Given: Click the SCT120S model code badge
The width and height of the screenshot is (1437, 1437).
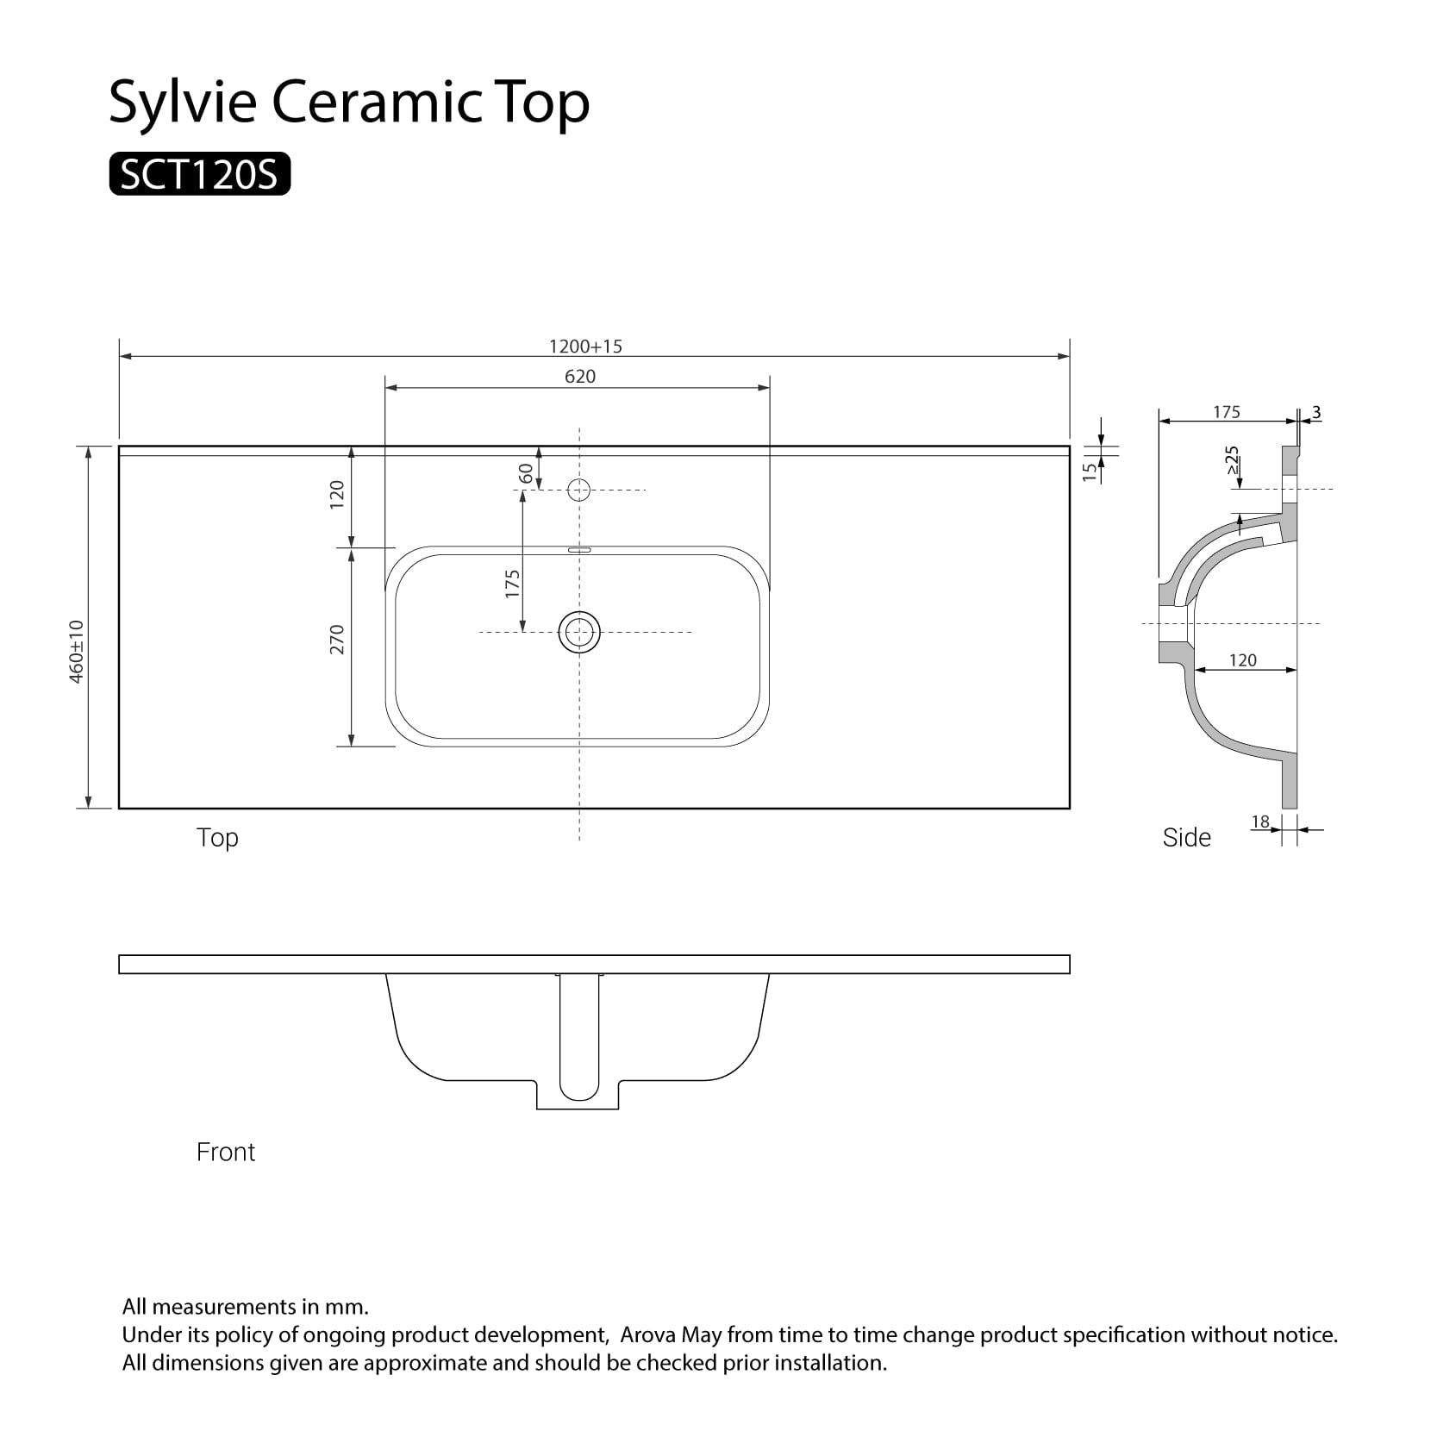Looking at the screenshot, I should pos(199,175).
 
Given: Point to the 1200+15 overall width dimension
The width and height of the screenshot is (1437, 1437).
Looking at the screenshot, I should pos(585,347).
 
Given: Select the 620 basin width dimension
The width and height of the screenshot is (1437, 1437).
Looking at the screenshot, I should pos(580,377).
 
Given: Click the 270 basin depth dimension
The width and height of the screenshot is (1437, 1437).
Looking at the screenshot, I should pos(336,639).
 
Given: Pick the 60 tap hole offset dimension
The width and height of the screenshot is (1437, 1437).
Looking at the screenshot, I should pos(525,472).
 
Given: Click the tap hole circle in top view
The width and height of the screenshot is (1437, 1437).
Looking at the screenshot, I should pos(579,490).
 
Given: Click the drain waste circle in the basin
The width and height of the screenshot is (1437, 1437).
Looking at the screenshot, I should pos(579,633).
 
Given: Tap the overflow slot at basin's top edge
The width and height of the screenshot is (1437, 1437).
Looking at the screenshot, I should pos(579,548).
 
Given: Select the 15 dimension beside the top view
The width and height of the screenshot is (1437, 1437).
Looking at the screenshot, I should pos(1090,471).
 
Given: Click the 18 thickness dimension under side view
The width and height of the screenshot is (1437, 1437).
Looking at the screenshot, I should pos(1260,822).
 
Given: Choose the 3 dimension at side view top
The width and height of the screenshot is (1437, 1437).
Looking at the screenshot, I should pos(1316,413).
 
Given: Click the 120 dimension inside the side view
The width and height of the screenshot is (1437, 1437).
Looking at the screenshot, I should pos(1242,660).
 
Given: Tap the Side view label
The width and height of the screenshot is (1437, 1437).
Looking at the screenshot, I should pos(1186,838).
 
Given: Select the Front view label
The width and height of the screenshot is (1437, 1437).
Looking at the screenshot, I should pos(226,1153).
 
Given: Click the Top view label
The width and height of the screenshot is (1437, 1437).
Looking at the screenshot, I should pos(217,838).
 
